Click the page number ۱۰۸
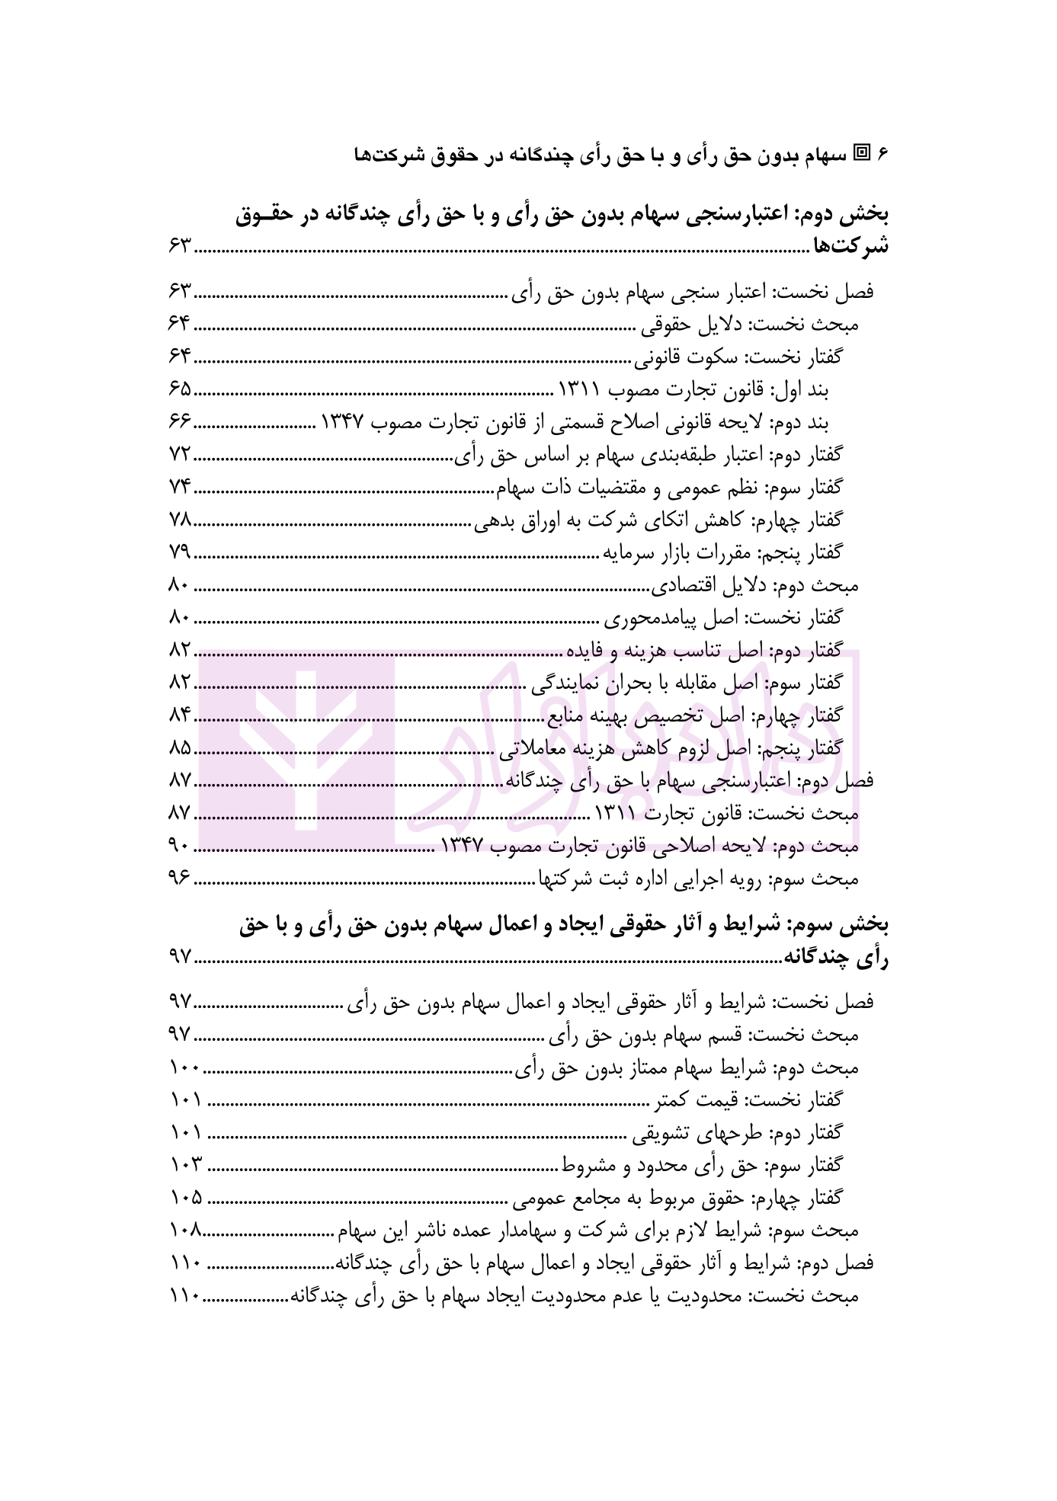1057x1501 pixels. (x=184, y=1230)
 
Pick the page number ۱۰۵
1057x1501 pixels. (x=185, y=1197)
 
